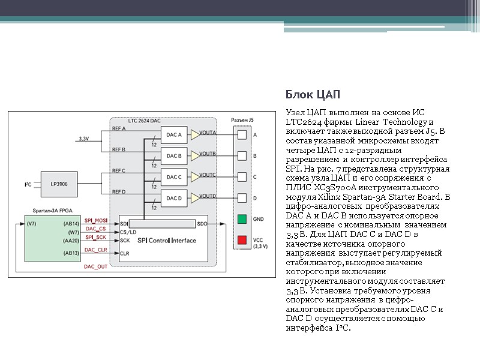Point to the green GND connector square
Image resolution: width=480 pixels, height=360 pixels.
[x=242, y=219]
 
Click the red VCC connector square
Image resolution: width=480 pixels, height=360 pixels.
[x=242, y=240]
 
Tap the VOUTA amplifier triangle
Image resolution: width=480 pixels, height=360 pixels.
[x=195, y=135]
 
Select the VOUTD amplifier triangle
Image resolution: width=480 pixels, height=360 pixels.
[x=195, y=198]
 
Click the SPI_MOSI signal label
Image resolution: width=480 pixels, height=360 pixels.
[x=95, y=220]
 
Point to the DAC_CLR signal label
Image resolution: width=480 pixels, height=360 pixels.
[x=95, y=250]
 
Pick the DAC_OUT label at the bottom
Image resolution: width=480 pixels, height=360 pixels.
[x=95, y=266]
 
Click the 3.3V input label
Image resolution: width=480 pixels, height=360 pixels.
[x=83, y=139]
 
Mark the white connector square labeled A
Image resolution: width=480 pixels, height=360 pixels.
[x=242, y=135]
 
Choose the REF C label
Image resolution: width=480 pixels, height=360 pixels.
[x=119, y=170]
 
